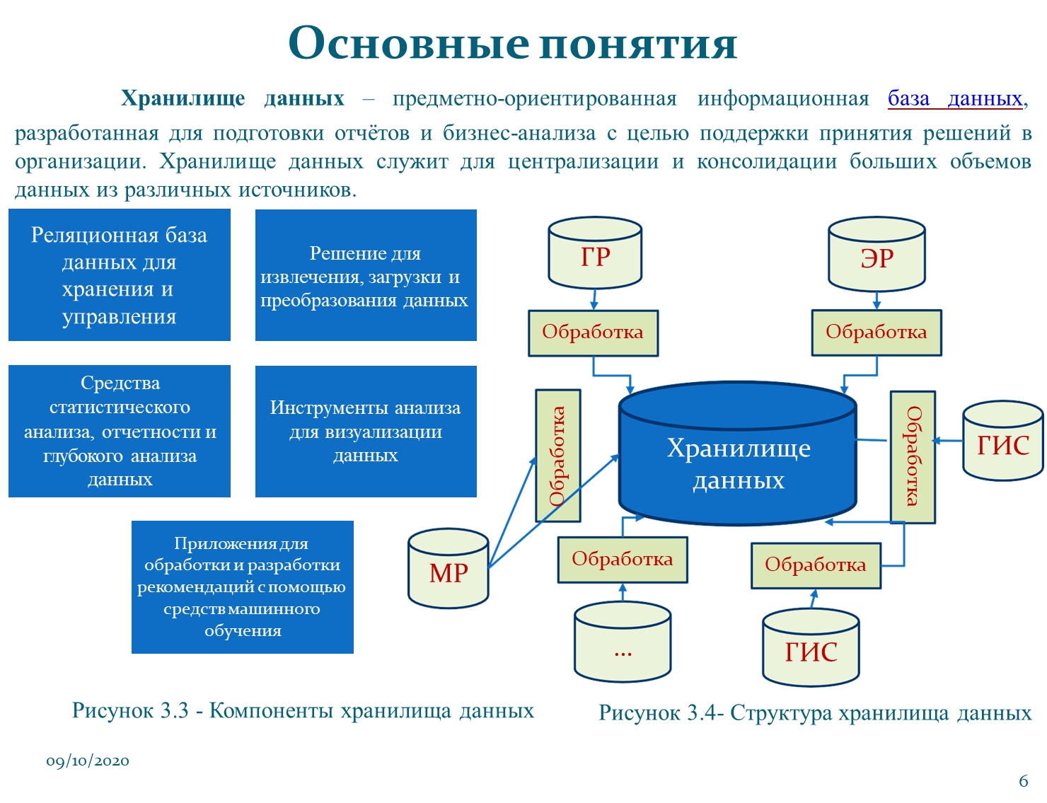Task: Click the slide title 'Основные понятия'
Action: pyautogui.click(x=513, y=44)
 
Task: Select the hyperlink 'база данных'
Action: pyautogui.click(x=955, y=98)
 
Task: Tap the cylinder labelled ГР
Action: pyautogui.click(x=595, y=255)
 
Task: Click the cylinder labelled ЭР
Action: pyautogui.click(x=877, y=256)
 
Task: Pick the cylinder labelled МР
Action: pyautogui.click(x=449, y=570)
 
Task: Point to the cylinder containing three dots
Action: pyautogui.click(x=623, y=644)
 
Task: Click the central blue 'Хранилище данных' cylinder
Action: pyautogui.click(x=738, y=460)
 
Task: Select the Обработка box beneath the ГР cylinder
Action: pyautogui.click(x=593, y=333)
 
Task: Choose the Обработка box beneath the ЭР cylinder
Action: pyautogui.click(x=876, y=333)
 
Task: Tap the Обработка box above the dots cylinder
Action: pyautogui.click(x=623, y=560)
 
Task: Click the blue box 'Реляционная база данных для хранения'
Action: pyautogui.click(x=120, y=275)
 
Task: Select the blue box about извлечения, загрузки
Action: pyautogui.click(x=366, y=275)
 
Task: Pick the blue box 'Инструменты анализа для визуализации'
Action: pyautogui.click(x=366, y=432)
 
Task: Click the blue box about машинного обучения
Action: pyautogui.click(x=242, y=587)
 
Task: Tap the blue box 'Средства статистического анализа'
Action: pyautogui.click(x=120, y=432)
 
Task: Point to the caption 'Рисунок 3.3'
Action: pyautogui.click(x=303, y=711)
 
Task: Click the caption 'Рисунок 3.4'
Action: pyautogui.click(x=815, y=712)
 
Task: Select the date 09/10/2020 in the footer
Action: pyautogui.click(x=88, y=761)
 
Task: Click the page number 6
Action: pyautogui.click(x=1023, y=781)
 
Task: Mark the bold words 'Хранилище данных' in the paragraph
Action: pyautogui.click(x=233, y=98)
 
